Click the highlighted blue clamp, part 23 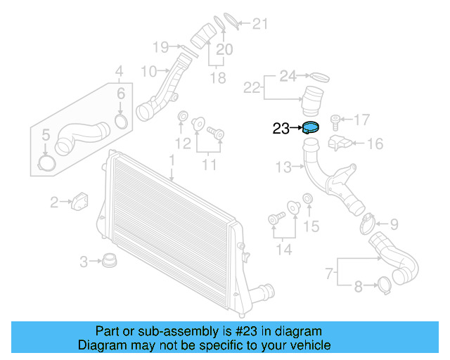(x=310, y=128)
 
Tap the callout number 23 (x=281, y=129)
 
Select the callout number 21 (x=261, y=25)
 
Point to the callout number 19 (x=161, y=47)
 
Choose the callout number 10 (x=149, y=71)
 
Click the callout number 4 (x=119, y=71)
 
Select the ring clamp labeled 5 (x=46, y=163)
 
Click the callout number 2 (x=54, y=203)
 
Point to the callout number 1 (x=171, y=161)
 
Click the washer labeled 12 (x=182, y=116)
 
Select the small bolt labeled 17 (x=336, y=119)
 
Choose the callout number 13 (x=283, y=167)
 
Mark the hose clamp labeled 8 (x=385, y=285)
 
